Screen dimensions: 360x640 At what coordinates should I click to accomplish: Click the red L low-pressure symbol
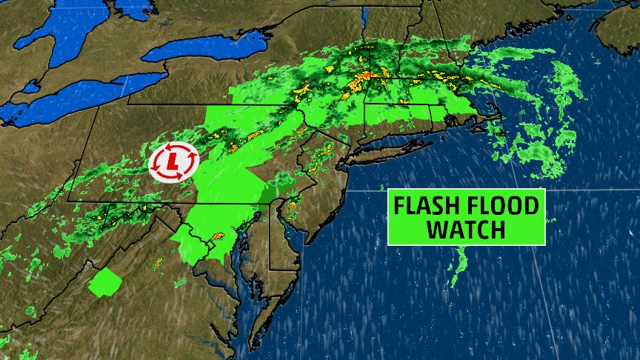(x=173, y=160)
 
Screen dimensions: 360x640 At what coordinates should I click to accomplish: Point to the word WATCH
(x=467, y=229)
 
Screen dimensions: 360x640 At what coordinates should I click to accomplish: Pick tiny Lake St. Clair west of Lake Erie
(x=30, y=87)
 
